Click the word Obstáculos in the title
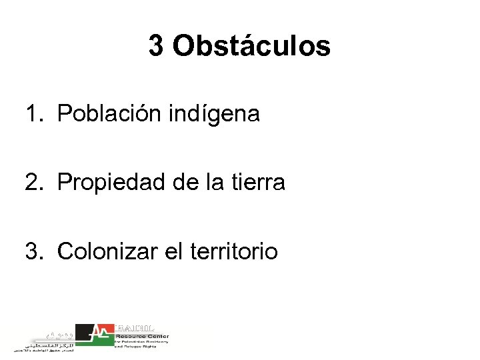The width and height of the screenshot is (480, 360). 251,47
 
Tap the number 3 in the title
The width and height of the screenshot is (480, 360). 155,47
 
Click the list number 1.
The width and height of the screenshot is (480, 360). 33,114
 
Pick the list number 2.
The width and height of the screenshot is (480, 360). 33,182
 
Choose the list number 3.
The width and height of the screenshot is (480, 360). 33,251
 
